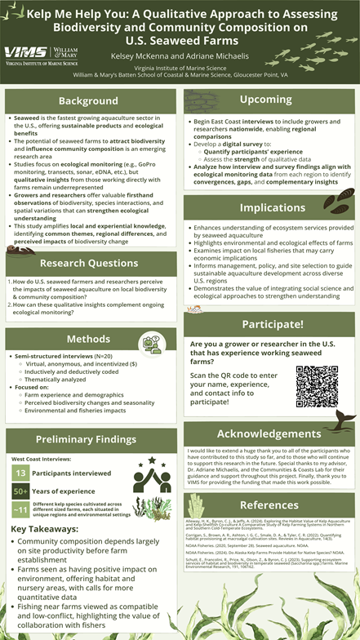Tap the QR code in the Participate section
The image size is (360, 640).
tap(317, 386)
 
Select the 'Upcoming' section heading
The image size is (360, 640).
tap(265, 99)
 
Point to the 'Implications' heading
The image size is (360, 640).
tap(267, 207)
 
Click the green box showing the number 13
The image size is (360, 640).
tap(21, 473)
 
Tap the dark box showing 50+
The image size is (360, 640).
tap(21, 491)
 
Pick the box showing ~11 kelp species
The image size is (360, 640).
tap(21, 510)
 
